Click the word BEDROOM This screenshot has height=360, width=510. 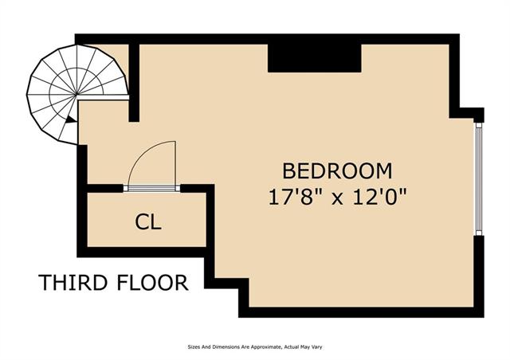pos(337,171)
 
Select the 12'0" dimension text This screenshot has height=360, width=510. pos(379,197)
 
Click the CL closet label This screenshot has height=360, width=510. pos(148,222)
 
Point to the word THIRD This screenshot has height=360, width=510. pos(73,282)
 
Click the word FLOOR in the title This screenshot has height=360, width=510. pos(152,282)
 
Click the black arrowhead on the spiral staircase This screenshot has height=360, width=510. pos(70,119)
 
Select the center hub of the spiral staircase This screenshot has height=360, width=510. pos(76,95)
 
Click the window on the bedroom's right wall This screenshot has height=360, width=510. pos(478,178)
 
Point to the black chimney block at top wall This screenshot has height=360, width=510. pos(315,58)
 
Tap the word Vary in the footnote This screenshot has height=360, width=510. pos(316,347)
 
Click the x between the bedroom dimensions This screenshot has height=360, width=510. pos(337,198)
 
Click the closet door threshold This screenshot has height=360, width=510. pos(151,188)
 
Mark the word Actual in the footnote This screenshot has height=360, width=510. pos(291,347)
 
